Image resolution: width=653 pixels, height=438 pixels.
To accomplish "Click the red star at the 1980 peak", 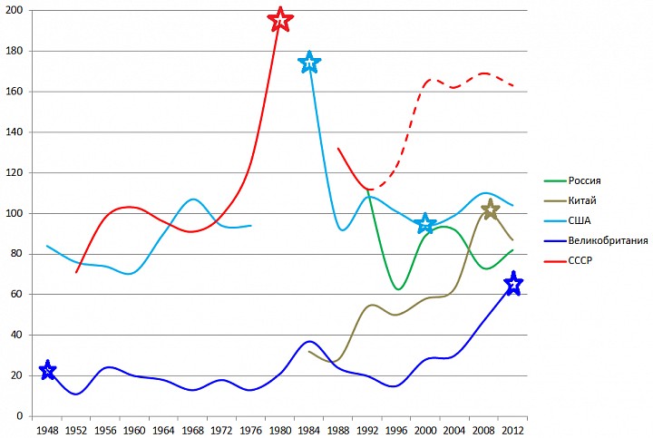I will (x=280, y=20).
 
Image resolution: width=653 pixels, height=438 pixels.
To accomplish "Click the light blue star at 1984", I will (x=309, y=62).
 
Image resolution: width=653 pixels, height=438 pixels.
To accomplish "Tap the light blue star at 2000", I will (x=425, y=223).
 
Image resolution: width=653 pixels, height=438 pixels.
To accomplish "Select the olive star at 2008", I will (x=490, y=210).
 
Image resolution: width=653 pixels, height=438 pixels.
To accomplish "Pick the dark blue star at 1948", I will (x=48, y=370).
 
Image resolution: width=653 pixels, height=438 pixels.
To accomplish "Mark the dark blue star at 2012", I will (x=513, y=285).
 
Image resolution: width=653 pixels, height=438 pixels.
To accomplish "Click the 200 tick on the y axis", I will (x=15, y=10).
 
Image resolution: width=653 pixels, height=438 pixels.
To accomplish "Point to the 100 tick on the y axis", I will (x=15, y=213).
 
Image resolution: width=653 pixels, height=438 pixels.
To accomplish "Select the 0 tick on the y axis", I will (x=22, y=416).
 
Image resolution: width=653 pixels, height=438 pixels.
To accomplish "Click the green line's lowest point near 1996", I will (x=398, y=289).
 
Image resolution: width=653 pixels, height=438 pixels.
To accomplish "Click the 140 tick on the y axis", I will (x=15, y=131).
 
